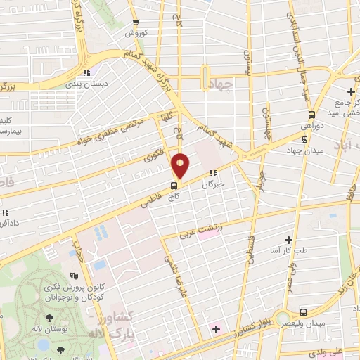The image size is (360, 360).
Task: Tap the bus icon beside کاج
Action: coord(173,186)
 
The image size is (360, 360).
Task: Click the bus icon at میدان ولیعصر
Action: coord(302,311)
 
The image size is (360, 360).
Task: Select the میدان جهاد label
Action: coord(304,150)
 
